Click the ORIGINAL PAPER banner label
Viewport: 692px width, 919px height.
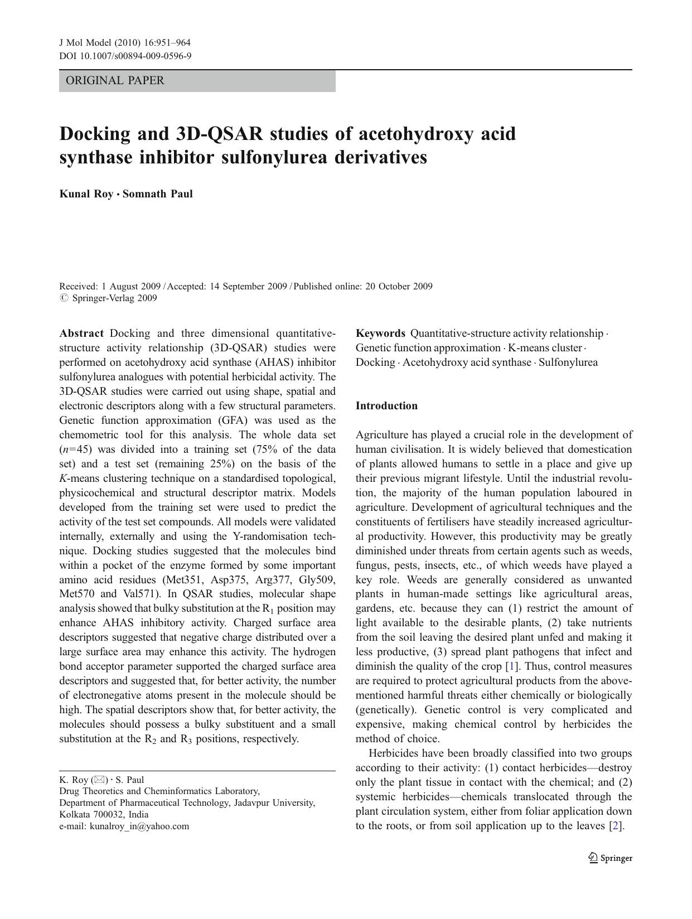tap(115, 80)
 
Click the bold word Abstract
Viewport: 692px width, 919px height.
tap(81, 333)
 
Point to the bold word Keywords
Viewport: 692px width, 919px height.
tap(380, 333)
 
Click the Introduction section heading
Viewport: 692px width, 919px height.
tap(386, 406)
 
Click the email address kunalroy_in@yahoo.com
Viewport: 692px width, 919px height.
tap(139, 826)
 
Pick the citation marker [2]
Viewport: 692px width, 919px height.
tap(616, 826)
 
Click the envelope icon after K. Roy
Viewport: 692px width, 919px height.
tap(99, 780)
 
